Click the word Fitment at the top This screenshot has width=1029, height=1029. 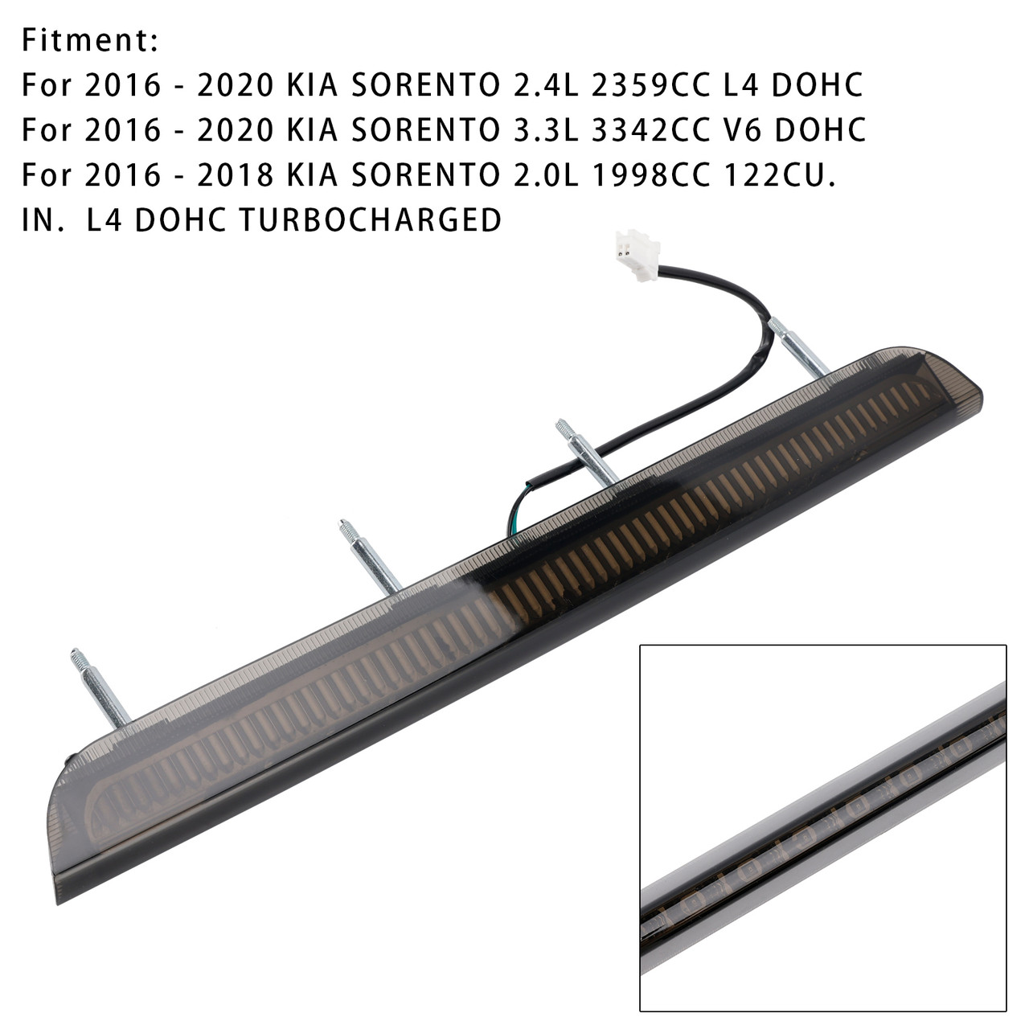pos(90,40)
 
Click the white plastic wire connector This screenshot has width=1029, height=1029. pos(636,254)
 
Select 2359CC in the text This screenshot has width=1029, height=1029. pos(650,85)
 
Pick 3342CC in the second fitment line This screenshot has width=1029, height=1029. pos(650,130)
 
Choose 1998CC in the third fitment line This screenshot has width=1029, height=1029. pos(650,175)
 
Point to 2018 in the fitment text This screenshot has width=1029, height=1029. pos(236,175)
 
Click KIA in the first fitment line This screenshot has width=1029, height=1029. pos(313,85)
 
